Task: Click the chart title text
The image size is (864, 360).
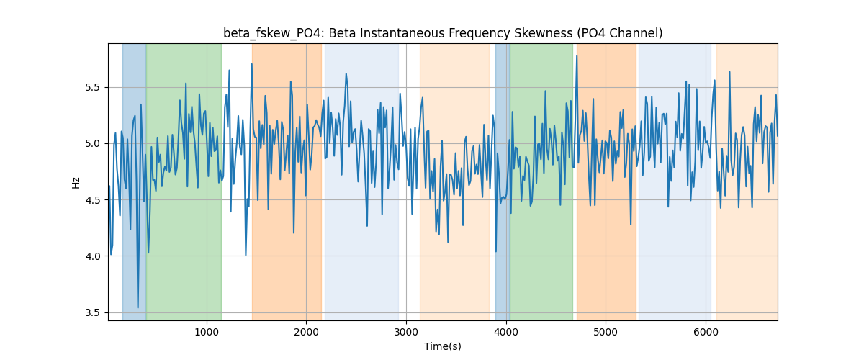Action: pos(443,33)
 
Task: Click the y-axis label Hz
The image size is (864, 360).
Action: pos(76,183)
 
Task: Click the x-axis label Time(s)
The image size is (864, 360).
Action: pos(443,346)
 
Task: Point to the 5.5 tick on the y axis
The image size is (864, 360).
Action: pos(92,88)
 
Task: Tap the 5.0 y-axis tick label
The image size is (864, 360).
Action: pos(92,144)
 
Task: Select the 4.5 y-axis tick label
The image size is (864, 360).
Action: pos(92,200)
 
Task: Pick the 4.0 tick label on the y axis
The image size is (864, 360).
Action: pos(92,256)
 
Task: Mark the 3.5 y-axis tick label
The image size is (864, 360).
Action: pos(92,313)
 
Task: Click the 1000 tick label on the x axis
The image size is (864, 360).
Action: pos(207,332)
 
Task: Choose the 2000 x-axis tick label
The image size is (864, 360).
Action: pos(306,332)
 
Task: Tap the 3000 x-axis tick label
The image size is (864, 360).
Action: pos(406,332)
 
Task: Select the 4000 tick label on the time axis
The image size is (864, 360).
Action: pos(506,332)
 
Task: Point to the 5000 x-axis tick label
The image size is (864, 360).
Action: pos(606,332)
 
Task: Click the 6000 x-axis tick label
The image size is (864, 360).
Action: pos(706,332)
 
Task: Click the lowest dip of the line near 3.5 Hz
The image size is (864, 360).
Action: pos(138,308)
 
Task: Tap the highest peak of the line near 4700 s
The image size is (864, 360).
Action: pos(577,56)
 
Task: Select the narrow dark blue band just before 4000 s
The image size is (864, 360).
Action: pos(503,181)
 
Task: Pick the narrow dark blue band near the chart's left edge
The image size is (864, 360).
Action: pos(134,181)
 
